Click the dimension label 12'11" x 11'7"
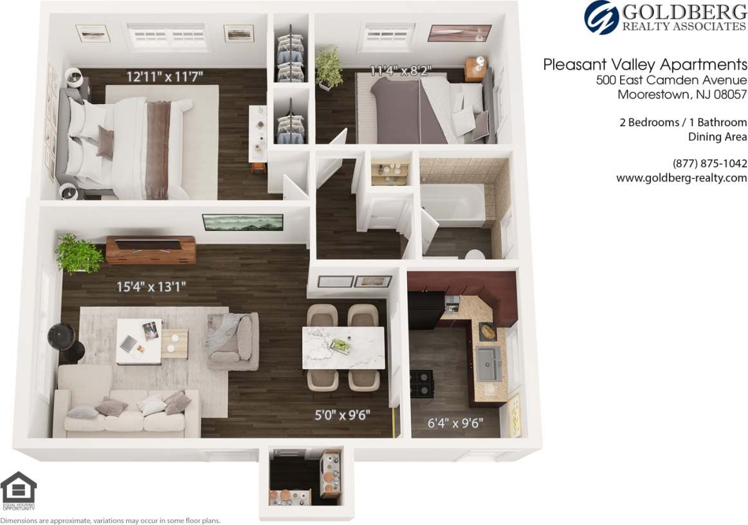point(165,77)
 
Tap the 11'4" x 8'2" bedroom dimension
point(400,71)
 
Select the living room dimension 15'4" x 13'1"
point(151,286)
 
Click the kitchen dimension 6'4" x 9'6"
point(455,423)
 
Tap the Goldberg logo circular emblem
point(601,17)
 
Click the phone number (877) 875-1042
point(709,163)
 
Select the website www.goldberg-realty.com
point(681,178)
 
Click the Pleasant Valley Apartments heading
point(645,64)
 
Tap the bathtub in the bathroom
point(453,205)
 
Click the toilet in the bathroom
point(475,254)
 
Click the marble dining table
point(343,347)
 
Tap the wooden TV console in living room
point(151,250)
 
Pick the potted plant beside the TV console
point(78,253)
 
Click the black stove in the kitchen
point(422,383)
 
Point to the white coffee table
point(138,341)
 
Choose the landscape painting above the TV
point(242,222)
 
